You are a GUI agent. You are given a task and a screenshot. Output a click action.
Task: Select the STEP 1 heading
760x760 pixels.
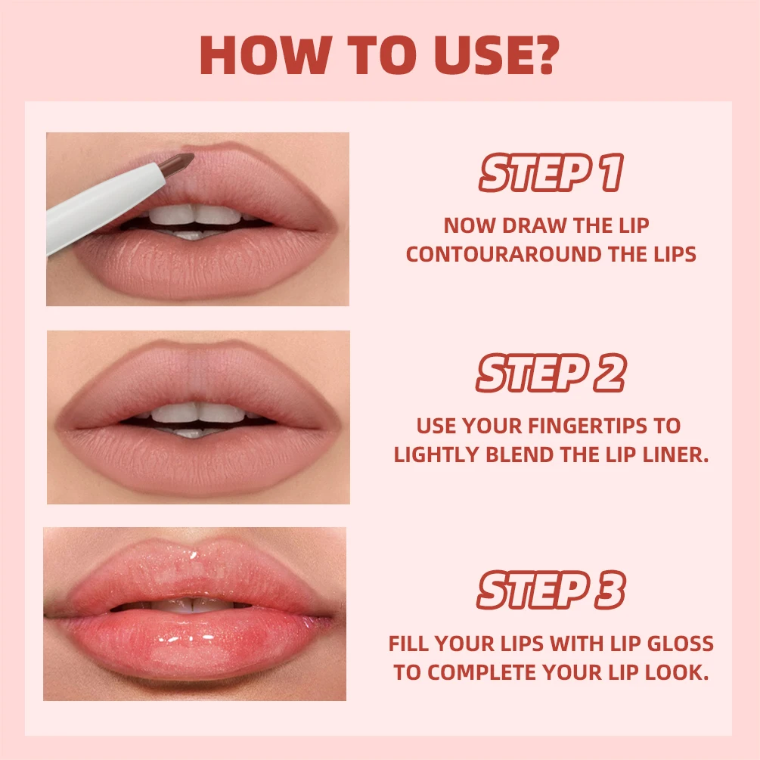pyautogui.click(x=550, y=174)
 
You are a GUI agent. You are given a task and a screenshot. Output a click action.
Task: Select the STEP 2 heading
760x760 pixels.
pyautogui.click(x=550, y=374)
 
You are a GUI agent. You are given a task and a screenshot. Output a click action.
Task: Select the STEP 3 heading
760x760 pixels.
pyautogui.click(x=550, y=591)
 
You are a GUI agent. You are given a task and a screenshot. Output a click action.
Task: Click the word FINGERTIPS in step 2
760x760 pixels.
pyautogui.click(x=572, y=426)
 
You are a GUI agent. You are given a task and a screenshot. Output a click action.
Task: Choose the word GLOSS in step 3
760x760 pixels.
pyautogui.click(x=680, y=644)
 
